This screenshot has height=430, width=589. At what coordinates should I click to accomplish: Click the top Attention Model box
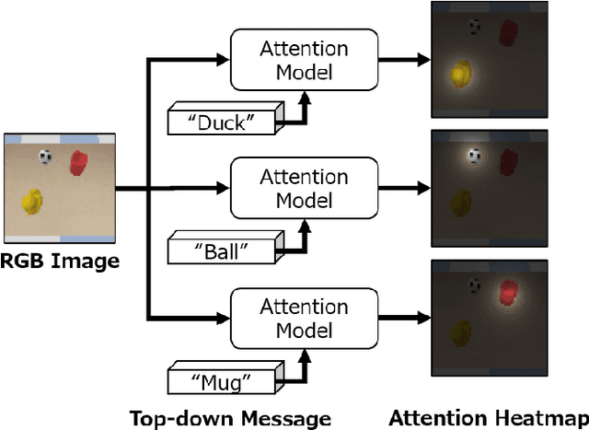(x=304, y=60)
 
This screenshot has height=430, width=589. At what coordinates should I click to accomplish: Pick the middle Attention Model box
(x=304, y=188)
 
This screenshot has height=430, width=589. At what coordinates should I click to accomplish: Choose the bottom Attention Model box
(x=304, y=318)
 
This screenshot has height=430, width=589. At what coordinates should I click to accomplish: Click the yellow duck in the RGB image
(x=32, y=200)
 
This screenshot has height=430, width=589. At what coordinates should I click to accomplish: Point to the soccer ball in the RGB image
(x=45, y=157)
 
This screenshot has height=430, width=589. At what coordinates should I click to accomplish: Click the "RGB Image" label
(x=60, y=261)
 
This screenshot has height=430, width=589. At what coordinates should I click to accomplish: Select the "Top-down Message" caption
(x=229, y=418)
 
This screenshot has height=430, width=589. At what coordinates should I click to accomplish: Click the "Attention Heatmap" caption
(x=488, y=418)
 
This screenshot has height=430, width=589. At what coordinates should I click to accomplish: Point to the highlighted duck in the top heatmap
(x=461, y=73)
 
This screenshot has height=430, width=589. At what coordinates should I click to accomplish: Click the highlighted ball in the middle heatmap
(x=474, y=157)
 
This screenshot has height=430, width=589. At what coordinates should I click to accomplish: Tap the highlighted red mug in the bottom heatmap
(x=508, y=292)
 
